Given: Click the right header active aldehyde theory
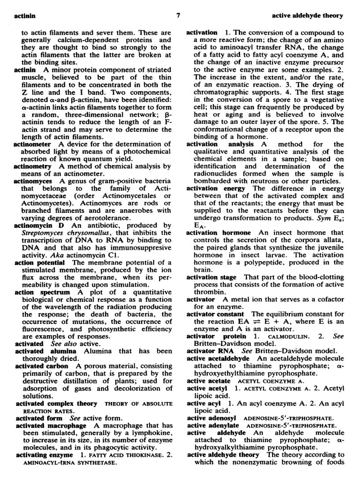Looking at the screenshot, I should click(307, 15).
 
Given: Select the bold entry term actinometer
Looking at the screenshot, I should click(32, 144).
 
